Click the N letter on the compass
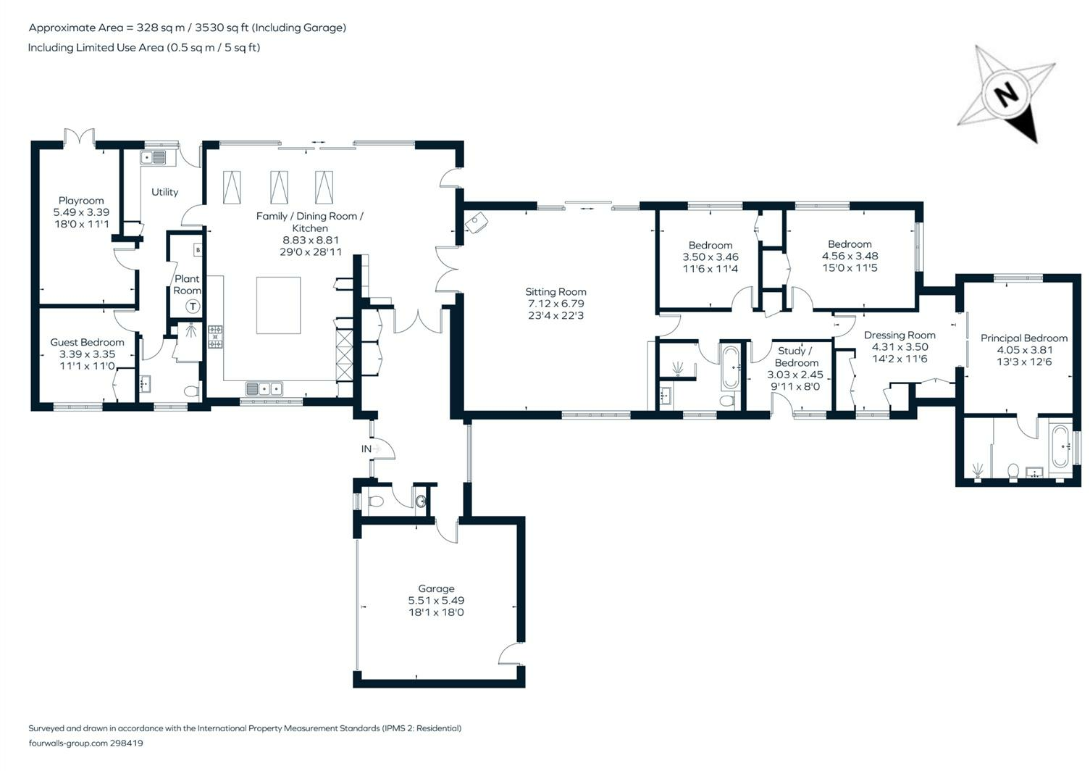pos(1006,96)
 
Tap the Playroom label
pos(81,201)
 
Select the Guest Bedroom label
pos(87,342)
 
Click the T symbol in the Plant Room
pos(193,307)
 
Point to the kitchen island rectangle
pos(278,305)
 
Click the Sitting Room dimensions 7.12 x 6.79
pos(556,304)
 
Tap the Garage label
pos(436,588)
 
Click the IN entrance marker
pos(366,449)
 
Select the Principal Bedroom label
pos(1024,338)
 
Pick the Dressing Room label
pos(900,336)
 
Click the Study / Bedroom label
pos(795,357)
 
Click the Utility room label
pos(164,192)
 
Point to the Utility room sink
pos(154,158)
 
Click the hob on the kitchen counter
pos(216,337)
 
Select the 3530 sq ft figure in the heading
pos(222,28)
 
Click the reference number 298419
pos(127,743)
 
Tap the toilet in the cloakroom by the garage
pos(376,501)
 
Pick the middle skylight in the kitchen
pos(279,188)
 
